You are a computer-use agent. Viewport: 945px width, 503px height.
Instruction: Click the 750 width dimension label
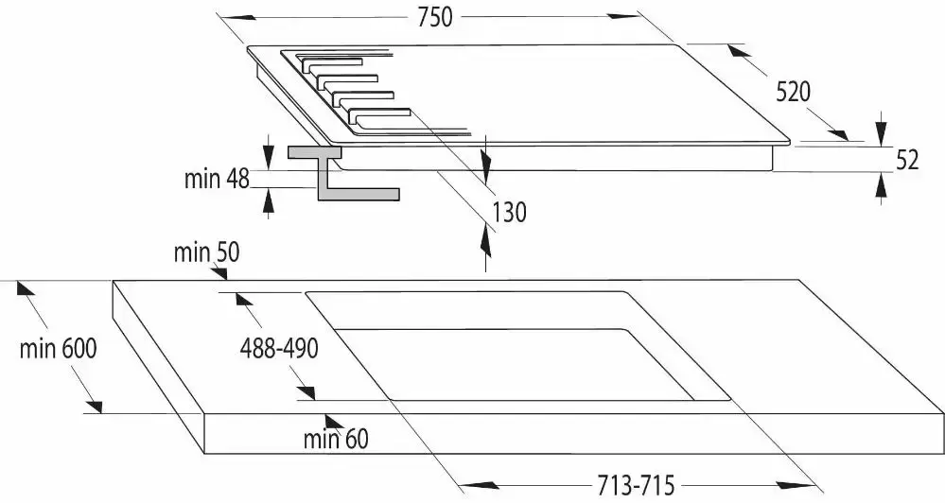(x=434, y=17)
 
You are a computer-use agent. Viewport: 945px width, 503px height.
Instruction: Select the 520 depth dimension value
(x=793, y=92)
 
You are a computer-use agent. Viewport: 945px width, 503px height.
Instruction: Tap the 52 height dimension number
(x=907, y=160)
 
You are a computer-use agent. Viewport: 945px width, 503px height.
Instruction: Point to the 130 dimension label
(x=509, y=212)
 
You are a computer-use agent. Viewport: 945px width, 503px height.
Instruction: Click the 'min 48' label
(x=217, y=179)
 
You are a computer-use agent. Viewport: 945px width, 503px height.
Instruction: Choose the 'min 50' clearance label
(x=206, y=252)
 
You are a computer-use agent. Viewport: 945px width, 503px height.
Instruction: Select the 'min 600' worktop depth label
(x=58, y=348)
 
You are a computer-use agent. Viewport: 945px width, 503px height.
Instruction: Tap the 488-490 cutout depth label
(x=279, y=348)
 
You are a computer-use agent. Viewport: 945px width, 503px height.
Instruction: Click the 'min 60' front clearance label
(x=336, y=439)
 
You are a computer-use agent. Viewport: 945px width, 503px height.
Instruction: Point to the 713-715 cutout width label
(x=636, y=484)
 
